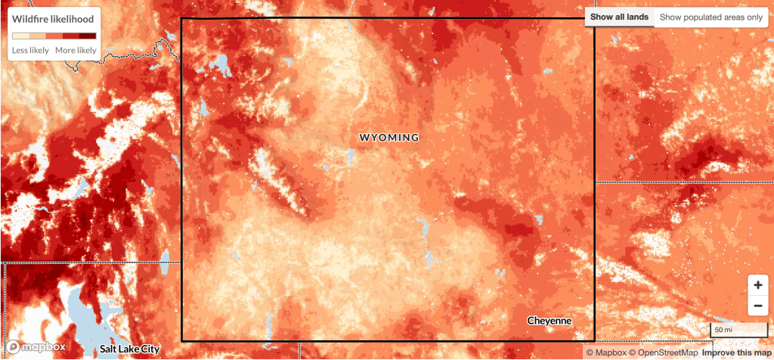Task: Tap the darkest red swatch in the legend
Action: pyautogui.click(x=88, y=36)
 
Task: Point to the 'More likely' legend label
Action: pyautogui.click(x=76, y=50)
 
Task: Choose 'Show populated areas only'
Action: pyautogui.click(x=711, y=17)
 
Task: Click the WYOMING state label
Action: pyautogui.click(x=389, y=138)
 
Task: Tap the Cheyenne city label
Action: pyautogui.click(x=550, y=321)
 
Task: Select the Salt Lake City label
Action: pyautogui.click(x=130, y=349)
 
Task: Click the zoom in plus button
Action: pyautogui.click(x=757, y=286)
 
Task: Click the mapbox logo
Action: pyautogui.click(x=37, y=347)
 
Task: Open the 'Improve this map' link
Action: pyautogui.click(x=736, y=353)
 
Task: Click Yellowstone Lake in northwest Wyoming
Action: pyautogui.click(x=222, y=66)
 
